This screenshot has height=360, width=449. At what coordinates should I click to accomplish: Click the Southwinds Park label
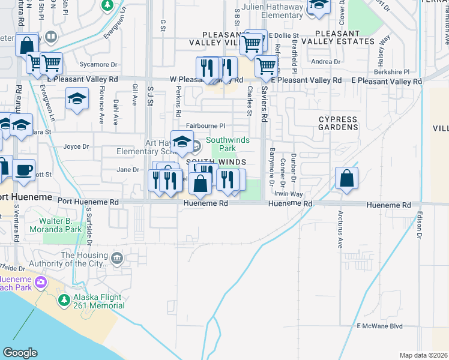point(221,144)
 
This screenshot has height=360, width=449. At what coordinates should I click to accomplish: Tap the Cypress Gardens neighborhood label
point(337,123)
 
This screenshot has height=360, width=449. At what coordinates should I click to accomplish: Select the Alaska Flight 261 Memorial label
point(98,301)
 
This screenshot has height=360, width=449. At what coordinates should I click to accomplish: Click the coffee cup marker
point(23,170)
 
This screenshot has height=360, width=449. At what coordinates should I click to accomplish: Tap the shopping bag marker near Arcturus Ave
point(347,178)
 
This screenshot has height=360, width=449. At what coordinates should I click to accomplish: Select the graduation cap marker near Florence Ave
point(77,98)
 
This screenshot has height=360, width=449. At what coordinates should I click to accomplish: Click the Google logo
point(20,353)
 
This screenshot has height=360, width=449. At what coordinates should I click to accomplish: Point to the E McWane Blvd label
point(379,326)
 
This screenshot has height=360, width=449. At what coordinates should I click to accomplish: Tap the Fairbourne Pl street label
point(205,126)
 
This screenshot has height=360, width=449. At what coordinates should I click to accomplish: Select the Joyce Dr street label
point(76,146)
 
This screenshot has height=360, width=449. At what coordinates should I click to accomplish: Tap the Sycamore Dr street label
point(83,64)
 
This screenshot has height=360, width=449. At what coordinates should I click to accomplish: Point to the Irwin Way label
point(288,194)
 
